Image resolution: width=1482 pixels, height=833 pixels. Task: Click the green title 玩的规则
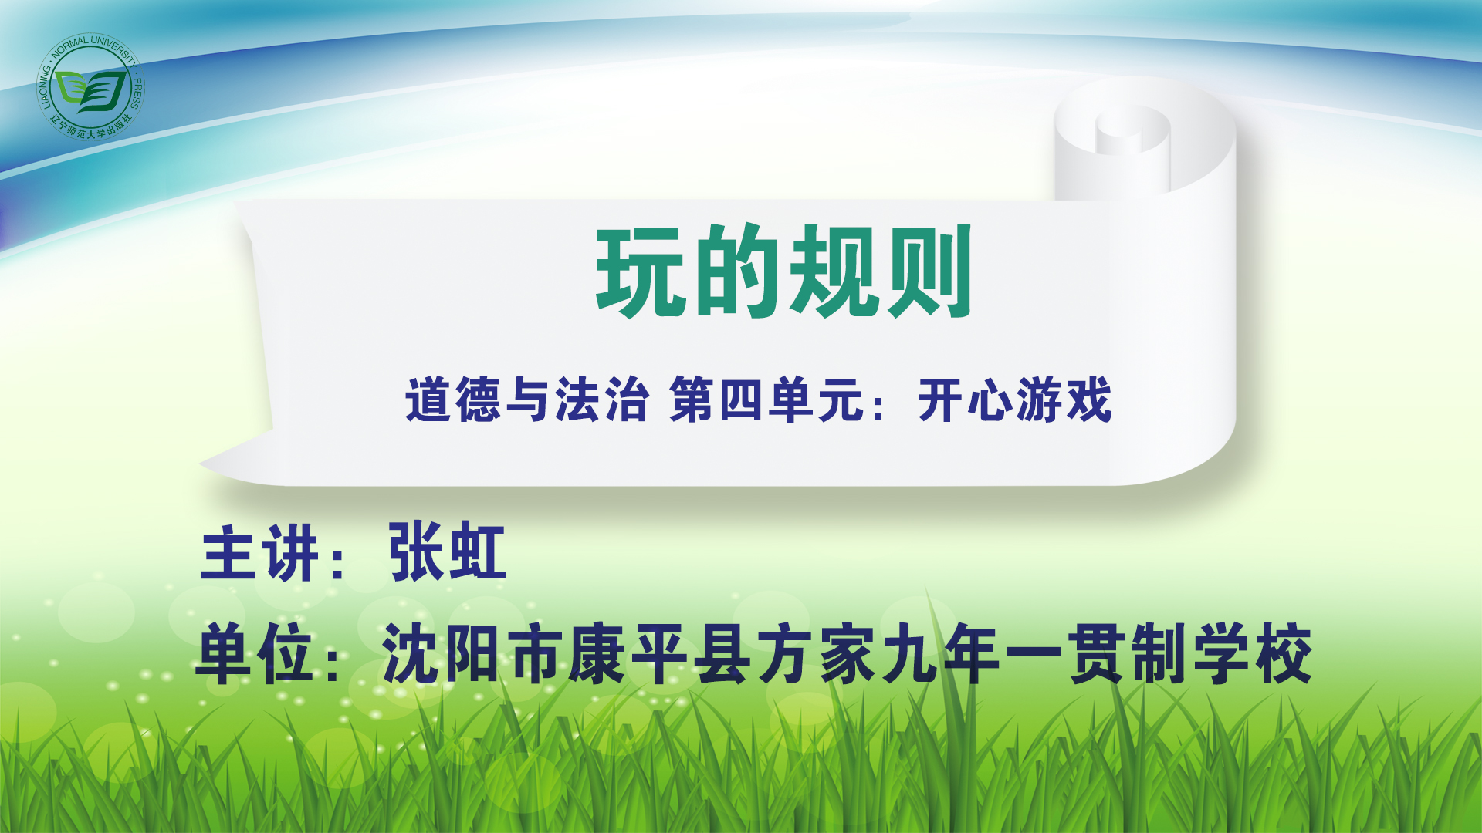point(783,271)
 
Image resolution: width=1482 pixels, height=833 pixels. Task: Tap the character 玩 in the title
point(641,271)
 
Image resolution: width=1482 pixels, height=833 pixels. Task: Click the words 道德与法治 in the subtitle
point(526,400)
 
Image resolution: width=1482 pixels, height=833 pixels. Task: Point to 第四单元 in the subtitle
point(766,400)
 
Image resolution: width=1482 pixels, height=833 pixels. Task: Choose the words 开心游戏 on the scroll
point(1014,400)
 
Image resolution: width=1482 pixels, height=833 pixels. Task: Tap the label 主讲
point(259,552)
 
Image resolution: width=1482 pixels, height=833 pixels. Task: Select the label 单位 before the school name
point(256,654)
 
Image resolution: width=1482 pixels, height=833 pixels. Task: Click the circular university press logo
point(90,86)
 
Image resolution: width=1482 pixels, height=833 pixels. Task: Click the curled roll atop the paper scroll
point(1135,139)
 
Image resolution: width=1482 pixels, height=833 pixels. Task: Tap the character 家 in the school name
point(848,654)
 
